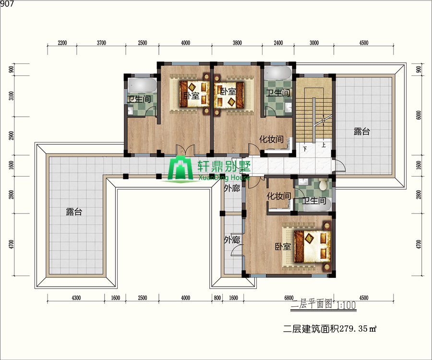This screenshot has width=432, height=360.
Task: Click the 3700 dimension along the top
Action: click(101, 43)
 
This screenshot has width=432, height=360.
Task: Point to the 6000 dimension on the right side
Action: click(419, 115)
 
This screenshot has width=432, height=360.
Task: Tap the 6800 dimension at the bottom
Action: click(289, 298)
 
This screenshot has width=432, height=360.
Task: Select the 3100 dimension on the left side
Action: click(12, 96)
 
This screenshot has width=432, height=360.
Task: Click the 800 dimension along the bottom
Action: click(217, 298)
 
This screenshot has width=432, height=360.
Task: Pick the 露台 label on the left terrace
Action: click(74, 212)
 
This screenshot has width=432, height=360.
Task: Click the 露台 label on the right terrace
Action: click(361, 132)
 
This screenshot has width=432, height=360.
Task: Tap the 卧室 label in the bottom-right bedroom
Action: click(283, 246)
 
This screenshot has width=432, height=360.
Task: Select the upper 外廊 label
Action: click(232, 189)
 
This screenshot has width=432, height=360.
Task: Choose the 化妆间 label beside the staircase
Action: click(271, 139)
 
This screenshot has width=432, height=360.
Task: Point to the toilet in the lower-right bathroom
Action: click(323, 184)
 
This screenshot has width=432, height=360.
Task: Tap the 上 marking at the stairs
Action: click(324, 144)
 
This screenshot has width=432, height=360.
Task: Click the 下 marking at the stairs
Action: click(305, 149)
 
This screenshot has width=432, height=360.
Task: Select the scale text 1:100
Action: click(346, 305)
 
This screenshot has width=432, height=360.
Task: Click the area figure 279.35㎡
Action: click(358, 329)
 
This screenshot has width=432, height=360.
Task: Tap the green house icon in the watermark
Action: click(180, 168)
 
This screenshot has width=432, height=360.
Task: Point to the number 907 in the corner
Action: click(7, 4)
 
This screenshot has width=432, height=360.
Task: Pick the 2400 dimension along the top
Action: click(278, 43)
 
